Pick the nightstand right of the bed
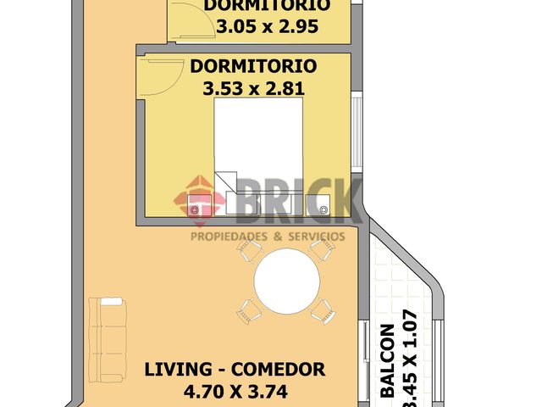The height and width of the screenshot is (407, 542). (x=325, y=206)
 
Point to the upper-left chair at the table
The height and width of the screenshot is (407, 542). (x=249, y=249)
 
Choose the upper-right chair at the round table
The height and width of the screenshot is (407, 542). (x=322, y=248)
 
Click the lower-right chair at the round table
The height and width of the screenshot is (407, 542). (x=323, y=310)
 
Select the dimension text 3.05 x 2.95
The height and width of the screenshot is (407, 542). (x=267, y=26)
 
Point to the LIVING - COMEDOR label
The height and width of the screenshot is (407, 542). (x=235, y=370)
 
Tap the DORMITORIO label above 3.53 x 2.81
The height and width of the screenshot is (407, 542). (x=253, y=66)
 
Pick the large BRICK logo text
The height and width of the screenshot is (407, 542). (x=288, y=199)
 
